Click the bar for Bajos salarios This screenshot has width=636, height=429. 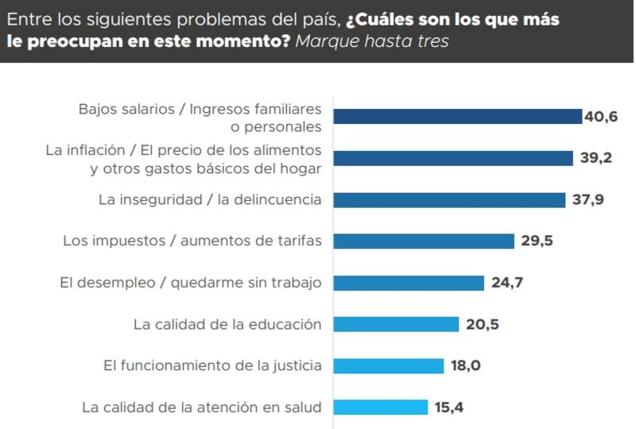coord(457,117)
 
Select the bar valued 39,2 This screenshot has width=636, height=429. coord(453,158)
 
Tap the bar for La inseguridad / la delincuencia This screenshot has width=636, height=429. coord(449,199)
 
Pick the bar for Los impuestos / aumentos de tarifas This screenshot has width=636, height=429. coord(424,241)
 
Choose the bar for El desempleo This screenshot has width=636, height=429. coord(409,283)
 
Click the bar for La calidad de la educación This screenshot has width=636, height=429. coord(396,324)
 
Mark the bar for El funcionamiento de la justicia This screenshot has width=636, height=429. coord(388,365)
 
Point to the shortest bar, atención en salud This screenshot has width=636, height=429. coord(380,408)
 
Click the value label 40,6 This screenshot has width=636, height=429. coord(601,117)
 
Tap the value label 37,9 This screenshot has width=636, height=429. coord(588,199)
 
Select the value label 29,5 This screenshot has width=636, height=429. coord(537,241)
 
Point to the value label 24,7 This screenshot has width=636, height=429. coord(506,283)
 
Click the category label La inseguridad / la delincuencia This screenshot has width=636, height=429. coord(210,199)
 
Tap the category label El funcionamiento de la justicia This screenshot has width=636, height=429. coord(212,365)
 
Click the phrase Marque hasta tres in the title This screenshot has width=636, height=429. coord(371,41)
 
